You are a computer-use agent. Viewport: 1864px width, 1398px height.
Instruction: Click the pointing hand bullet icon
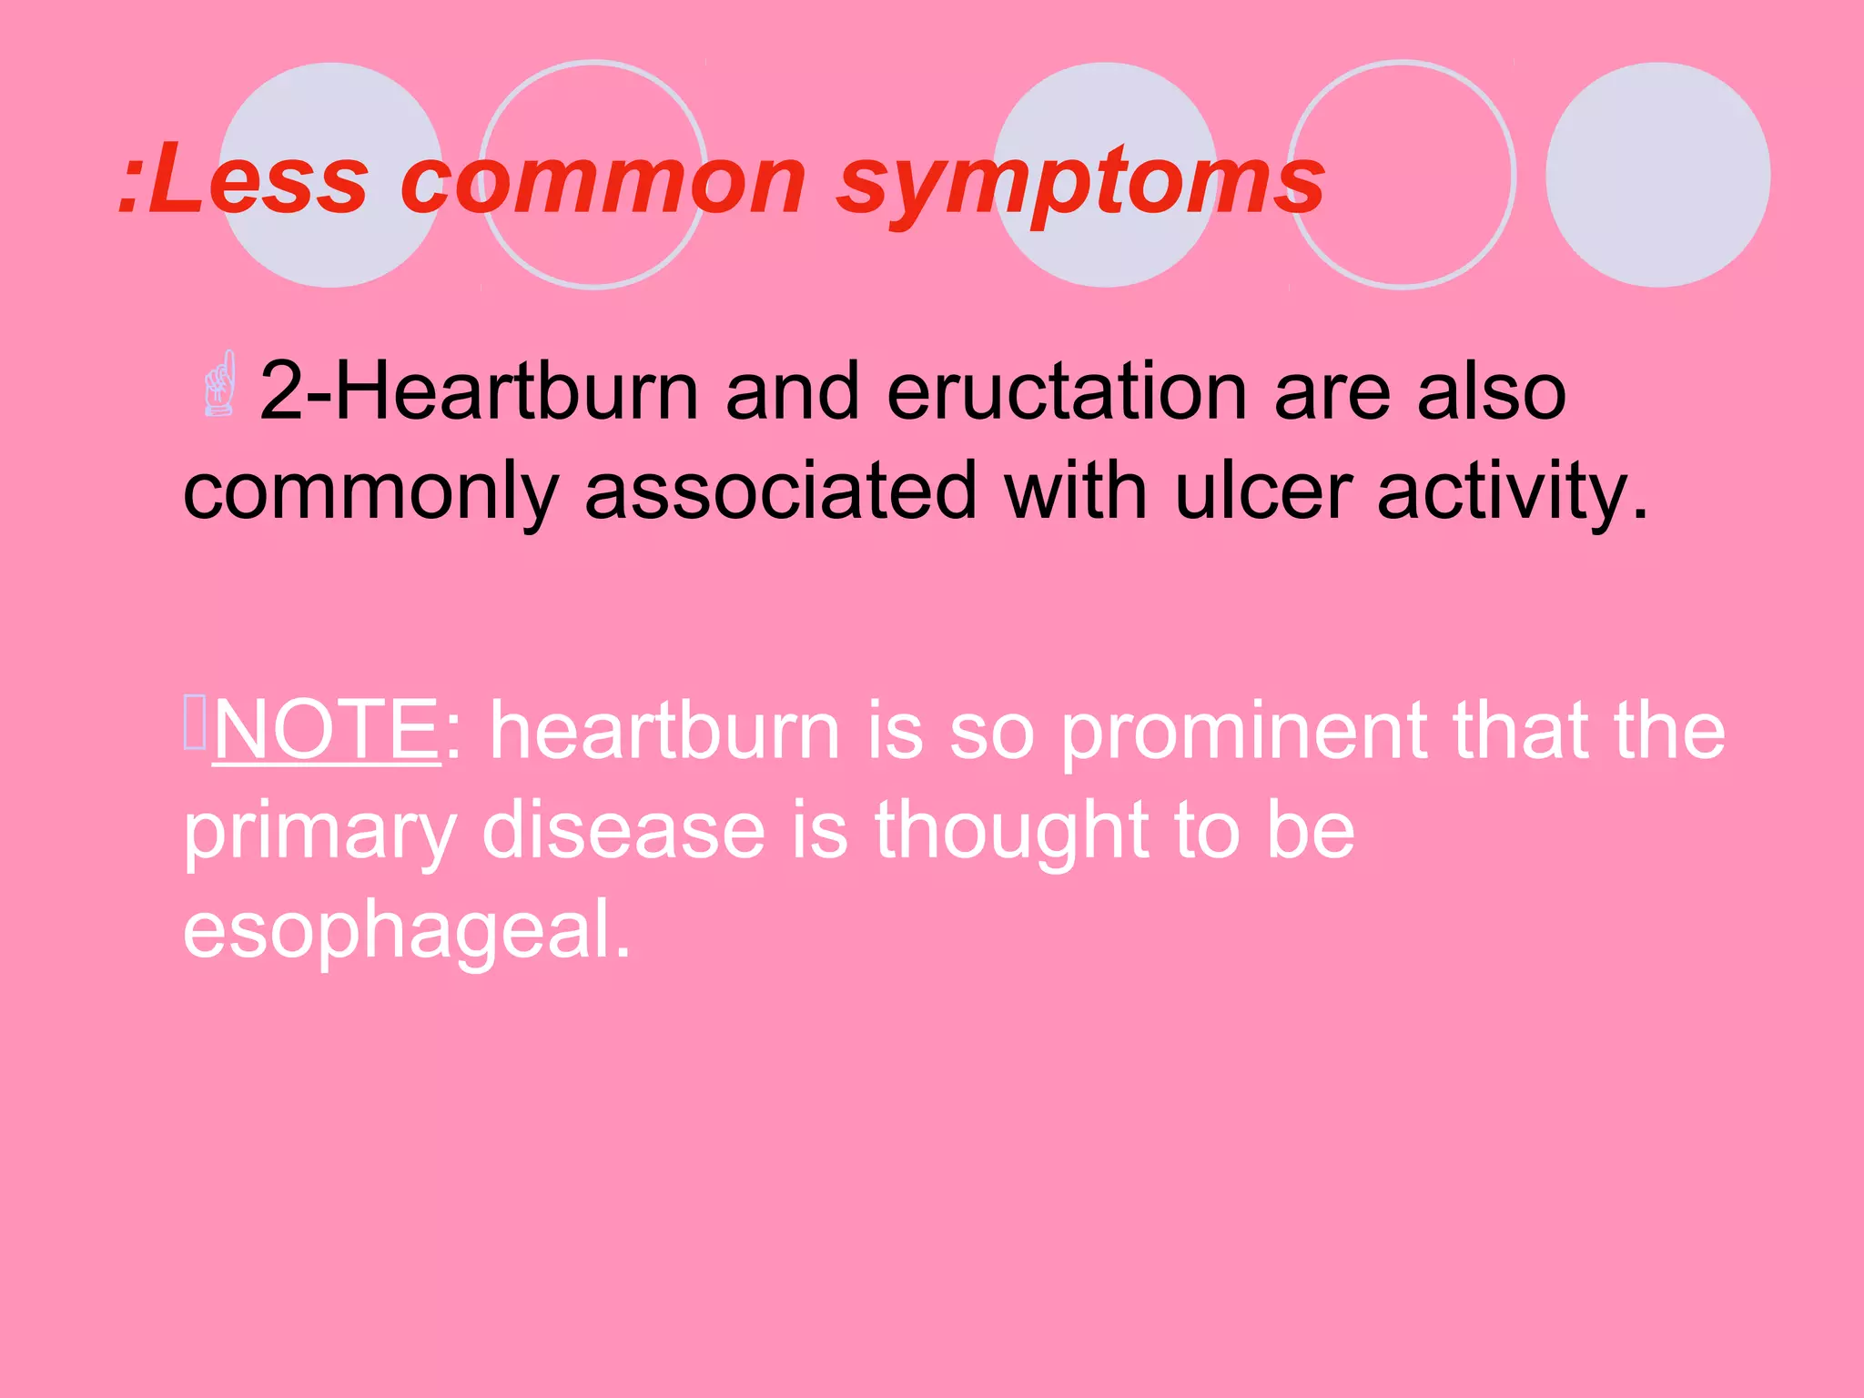pos(219,385)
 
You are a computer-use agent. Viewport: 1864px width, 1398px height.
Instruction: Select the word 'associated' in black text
pos(780,491)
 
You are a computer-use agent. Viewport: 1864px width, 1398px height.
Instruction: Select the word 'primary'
pos(319,833)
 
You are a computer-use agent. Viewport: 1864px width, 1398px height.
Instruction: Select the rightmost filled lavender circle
pos(1657,175)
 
